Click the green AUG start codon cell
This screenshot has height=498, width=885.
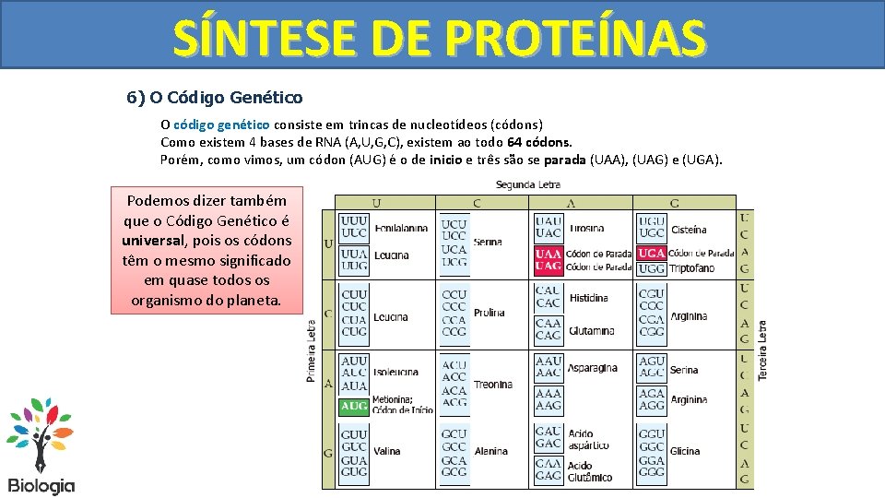click(x=354, y=406)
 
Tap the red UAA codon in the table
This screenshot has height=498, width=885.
click(x=549, y=254)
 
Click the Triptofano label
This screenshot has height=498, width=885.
click(x=691, y=268)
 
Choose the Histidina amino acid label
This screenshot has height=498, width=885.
click(x=588, y=298)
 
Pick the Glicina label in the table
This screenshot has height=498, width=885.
click(x=685, y=451)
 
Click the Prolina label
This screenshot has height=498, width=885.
click(x=489, y=313)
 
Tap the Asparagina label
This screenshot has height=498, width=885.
click(x=593, y=368)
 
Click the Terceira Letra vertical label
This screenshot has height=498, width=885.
click(x=762, y=351)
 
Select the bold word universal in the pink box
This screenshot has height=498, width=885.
click(x=152, y=241)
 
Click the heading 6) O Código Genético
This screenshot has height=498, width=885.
click(x=214, y=97)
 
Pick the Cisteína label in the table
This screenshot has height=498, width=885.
click(x=690, y=229)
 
